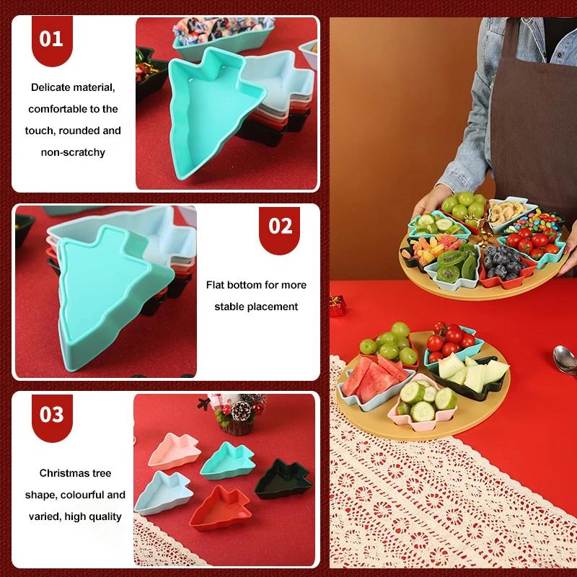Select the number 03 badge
pyautogui.click(x=50, y=415)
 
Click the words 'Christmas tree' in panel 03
pyautogui.click(x=76, y=473)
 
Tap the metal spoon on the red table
pyautogui.click(x=561, y=357)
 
